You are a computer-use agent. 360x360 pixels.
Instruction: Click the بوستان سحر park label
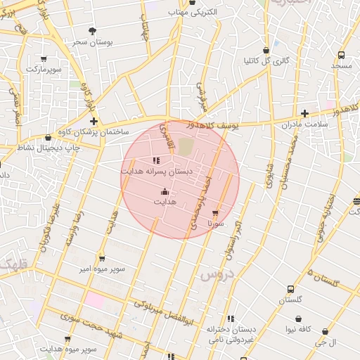[x=93, y=42]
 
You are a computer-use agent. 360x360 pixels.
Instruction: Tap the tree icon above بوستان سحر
[x=93, y=31]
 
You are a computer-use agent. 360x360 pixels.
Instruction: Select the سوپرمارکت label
[x=44, y=69]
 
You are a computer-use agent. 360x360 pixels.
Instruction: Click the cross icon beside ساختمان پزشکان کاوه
[x=94, y=122]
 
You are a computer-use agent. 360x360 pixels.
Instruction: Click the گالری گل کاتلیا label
[x=266, y=61]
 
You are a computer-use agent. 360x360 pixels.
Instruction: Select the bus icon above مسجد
[x=341, y=55]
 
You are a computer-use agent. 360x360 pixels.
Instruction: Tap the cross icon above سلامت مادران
[x=304, y=113]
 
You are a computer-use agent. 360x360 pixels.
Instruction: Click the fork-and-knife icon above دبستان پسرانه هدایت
[x=155, y=161]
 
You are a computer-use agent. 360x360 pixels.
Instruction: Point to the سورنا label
[x=215, y=223]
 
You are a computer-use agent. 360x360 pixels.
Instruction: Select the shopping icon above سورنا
[x=215, y=212]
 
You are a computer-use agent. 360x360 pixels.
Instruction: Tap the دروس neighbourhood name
[x=216, y=274]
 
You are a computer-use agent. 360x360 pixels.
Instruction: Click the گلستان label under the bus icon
[x=290, y=300]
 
